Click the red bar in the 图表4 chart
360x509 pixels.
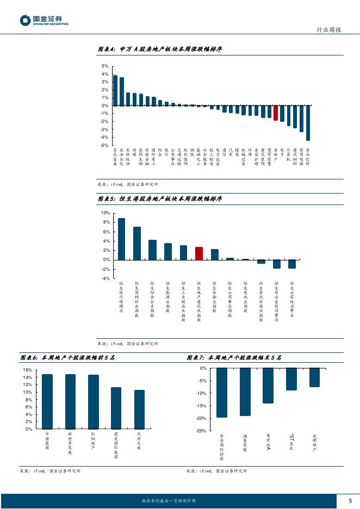276,113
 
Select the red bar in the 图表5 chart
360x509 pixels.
199,253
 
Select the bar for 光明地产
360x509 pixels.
314,377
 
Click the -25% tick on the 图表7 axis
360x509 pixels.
201,431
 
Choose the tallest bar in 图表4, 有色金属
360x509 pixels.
115,90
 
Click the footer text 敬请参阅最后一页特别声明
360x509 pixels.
168,500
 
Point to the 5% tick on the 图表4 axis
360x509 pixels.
105,66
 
